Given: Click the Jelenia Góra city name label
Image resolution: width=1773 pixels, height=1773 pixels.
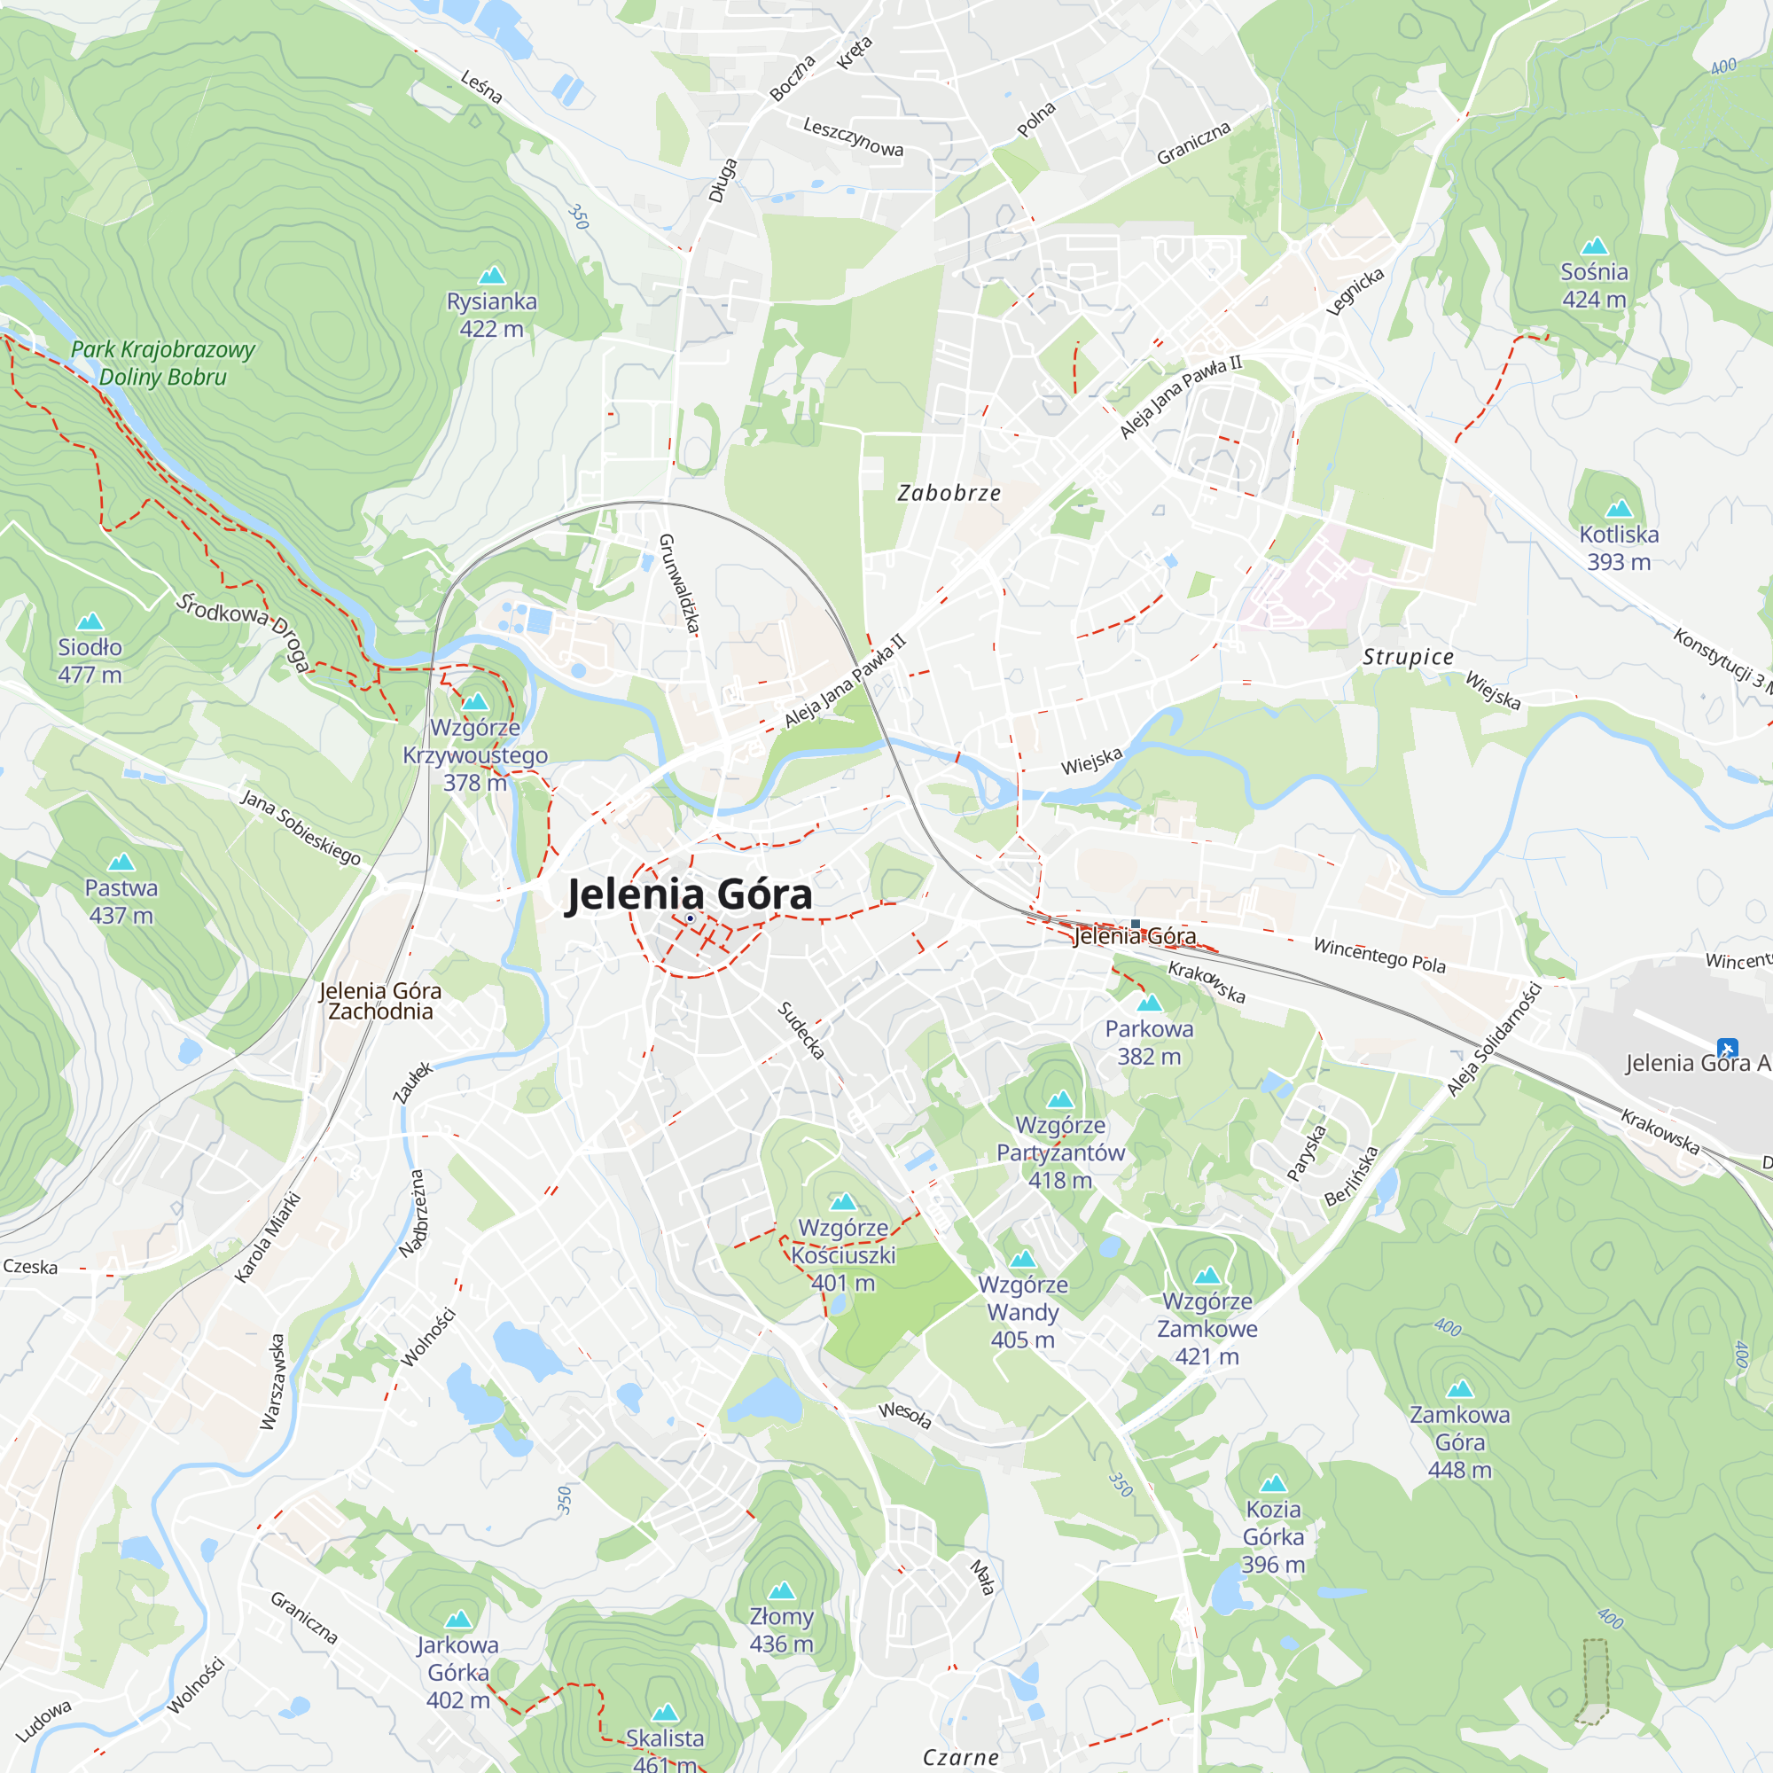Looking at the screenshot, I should [690, 894].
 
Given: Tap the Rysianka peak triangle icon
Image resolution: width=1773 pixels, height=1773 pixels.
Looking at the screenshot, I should [492, 276].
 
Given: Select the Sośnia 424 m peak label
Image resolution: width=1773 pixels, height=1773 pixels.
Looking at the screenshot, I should [1594, 285].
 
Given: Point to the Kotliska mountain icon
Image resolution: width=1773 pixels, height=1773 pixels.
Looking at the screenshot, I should [1619, 508].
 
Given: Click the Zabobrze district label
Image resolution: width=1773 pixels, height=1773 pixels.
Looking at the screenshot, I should [949, 494].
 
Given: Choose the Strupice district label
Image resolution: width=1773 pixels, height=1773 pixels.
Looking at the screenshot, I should [1408, 657].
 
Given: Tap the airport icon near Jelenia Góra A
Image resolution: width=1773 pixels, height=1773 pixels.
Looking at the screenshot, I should [1727, 1048].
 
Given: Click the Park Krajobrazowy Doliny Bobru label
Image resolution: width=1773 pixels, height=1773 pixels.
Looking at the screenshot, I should [162, 363].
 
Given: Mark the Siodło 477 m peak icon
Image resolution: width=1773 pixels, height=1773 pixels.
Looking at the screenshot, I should [90, 622].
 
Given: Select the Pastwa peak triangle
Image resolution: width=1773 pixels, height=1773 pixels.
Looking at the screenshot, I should [121, 862].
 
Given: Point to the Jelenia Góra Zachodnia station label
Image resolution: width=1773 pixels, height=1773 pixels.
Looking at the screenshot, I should [380, 1001].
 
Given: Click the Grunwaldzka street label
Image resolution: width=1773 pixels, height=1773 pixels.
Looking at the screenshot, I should [679, 583].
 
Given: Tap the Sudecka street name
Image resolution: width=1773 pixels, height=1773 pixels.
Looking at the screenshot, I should [801, 1029].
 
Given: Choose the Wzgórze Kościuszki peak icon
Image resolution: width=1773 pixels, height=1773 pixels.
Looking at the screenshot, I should [842, 1202].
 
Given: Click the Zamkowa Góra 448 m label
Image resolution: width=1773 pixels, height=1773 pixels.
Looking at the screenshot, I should [1459, 1441].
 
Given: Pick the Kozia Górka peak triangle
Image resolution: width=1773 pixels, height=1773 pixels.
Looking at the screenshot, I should [1273, 1484].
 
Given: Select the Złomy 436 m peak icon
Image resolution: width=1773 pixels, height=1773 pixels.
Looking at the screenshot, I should [781, 1590].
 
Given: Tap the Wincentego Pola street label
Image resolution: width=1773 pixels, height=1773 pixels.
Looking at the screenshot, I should [1379, 956].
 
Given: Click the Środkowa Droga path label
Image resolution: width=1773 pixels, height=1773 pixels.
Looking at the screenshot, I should [243, 631].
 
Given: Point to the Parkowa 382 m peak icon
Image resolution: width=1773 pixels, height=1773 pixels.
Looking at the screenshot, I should [1149, 1003].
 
